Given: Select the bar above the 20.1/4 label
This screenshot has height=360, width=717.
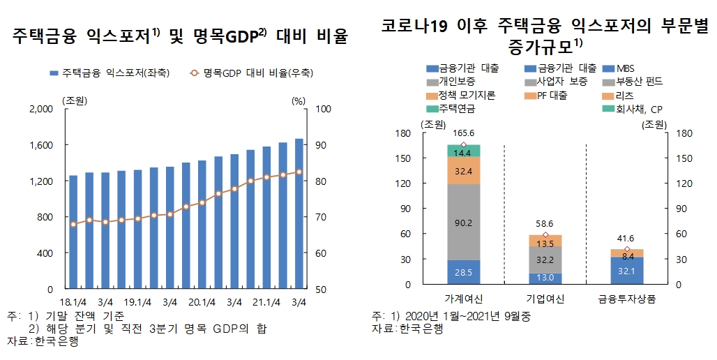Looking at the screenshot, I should (x=202, y=224).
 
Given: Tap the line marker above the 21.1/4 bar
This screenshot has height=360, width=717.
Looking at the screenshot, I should (x=266, y=178).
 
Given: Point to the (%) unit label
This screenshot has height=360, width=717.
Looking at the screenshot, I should (x=299, y=100).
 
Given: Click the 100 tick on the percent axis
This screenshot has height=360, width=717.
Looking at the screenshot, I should (x=323, y=109).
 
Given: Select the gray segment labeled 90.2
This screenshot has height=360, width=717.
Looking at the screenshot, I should (x=464, y=223).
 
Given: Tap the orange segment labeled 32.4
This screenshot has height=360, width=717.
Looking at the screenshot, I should (x=464, y=170).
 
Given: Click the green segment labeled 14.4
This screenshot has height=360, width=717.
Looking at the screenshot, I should (x=464, y=151).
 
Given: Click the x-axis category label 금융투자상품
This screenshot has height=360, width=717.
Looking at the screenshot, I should (x=626, y=299).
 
